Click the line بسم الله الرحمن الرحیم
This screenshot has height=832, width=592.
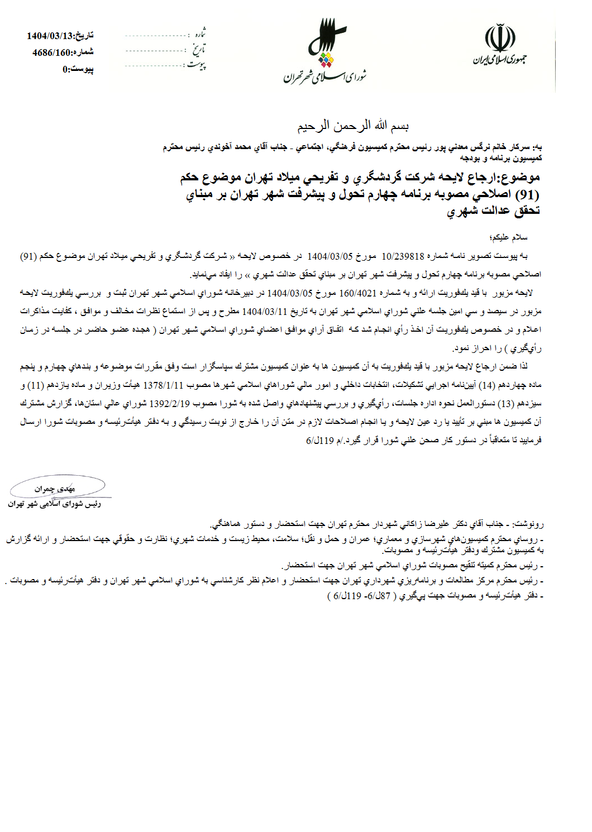pos(352,126)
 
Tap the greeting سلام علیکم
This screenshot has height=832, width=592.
pos(509,238)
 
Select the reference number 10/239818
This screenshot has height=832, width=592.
pos(403,256)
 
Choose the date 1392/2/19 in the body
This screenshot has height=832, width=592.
pos(169,403)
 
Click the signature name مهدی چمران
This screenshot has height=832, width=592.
pos(54,489)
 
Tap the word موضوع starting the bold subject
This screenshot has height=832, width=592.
pos(522,178)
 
